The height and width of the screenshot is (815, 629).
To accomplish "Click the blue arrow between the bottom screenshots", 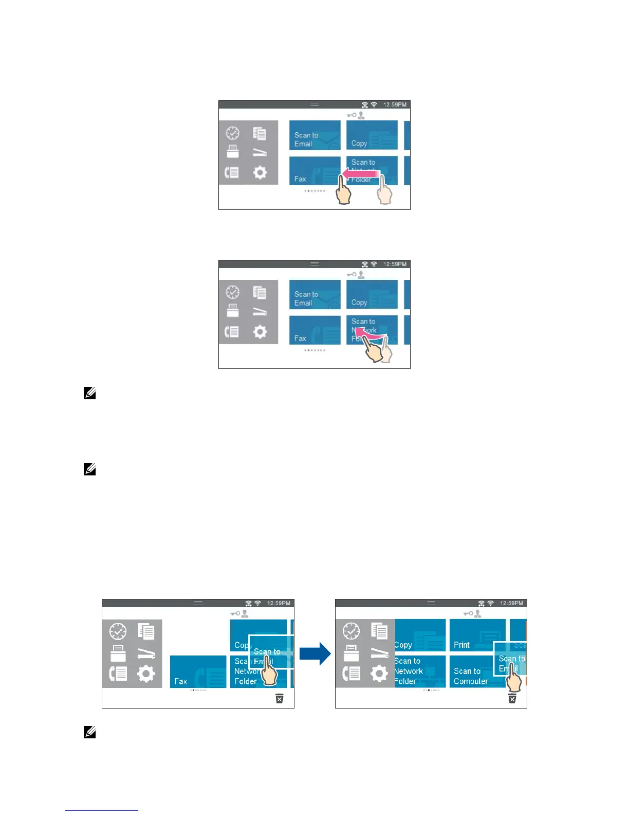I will [315, 653].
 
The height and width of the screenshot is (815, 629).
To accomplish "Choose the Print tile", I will [476, 635].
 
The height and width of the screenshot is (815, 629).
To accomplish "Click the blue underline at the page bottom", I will [102, 810].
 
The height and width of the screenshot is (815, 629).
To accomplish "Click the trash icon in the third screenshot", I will [279, 698].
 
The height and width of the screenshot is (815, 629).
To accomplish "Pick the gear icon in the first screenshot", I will [260, 172].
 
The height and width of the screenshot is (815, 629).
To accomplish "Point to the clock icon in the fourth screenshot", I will [351, 630].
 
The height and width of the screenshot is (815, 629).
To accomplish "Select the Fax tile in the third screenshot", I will [198, 671].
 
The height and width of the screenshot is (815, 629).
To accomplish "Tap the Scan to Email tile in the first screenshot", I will [314, 135].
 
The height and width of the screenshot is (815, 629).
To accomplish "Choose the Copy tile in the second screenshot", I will [372, 294].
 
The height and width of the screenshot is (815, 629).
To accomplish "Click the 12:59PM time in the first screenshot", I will [395, 104].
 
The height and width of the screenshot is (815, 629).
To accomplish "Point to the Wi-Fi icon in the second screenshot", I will [374, 264].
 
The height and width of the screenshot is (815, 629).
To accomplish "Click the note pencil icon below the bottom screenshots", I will [89, 732].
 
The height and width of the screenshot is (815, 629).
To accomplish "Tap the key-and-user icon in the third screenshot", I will [239, 613].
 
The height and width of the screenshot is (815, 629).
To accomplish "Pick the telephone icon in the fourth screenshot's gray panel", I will [351, 673].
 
